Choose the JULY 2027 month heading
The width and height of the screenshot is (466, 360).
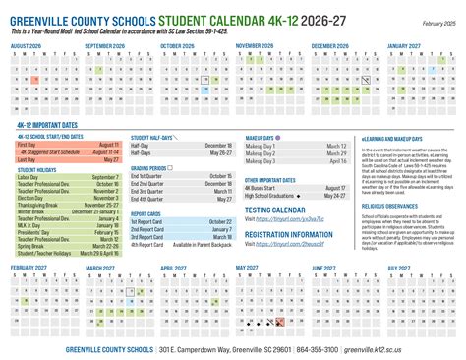406,267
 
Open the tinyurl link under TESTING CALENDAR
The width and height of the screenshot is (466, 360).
285,218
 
